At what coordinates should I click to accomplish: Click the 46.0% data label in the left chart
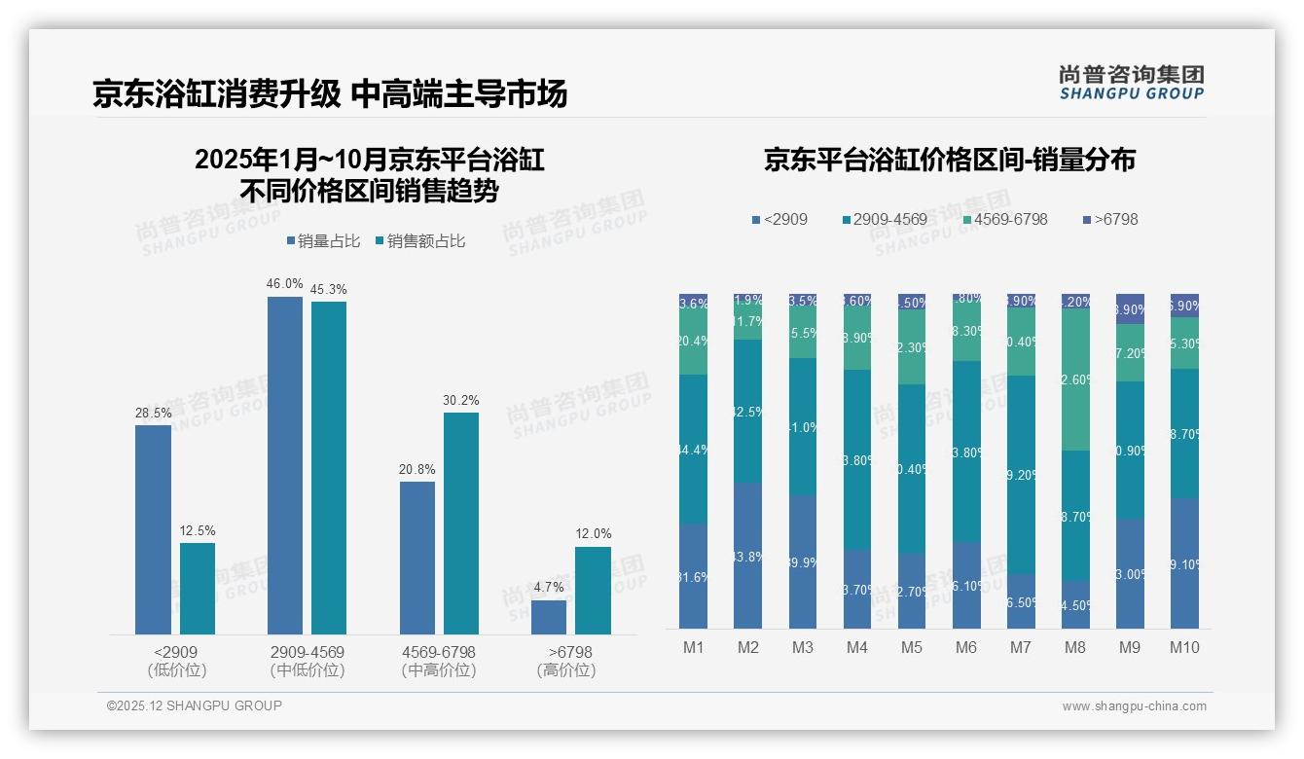click(x=285, y=284)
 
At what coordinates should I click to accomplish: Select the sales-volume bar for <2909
click(x=153, y=529)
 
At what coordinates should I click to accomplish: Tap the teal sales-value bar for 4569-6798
click(x=461, y=524)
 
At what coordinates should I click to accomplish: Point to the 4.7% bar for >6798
click(x=549, y=617)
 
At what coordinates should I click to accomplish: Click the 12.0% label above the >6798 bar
click(x=594, y=533)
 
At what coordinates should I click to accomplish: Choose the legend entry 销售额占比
click(x=420, y=241)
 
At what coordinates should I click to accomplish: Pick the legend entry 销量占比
click(x=323, y=241)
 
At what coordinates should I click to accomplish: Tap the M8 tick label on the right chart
click(x=1075, y=647)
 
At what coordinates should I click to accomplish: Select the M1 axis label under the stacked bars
click(x=694, y=647)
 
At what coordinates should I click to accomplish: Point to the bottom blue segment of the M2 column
click(x=748, y=556)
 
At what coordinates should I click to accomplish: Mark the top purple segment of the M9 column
click(x=1130, y=308)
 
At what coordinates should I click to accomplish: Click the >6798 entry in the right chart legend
click(x=1109, y=220)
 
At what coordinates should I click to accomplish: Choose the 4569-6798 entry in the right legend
click(x=1005, y=220)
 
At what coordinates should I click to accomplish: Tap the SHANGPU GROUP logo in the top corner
click(x=1131, y=82)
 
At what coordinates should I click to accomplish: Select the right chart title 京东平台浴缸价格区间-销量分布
click(x=949, y=161)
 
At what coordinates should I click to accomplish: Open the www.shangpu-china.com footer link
click(x=1134, y=706)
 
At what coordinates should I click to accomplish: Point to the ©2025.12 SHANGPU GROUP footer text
click(x=195, y=705)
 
